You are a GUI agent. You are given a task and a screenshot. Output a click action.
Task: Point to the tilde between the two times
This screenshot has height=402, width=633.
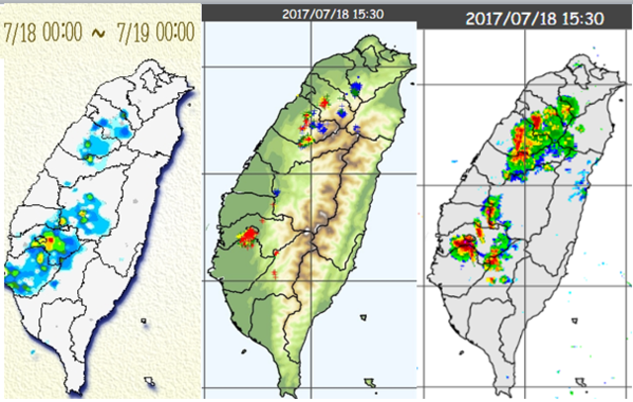[x=97, y=32]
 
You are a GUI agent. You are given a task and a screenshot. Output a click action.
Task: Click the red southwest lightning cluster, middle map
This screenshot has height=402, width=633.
[x=247, y=236]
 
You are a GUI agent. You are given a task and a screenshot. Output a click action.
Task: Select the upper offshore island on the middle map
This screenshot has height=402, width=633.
[x=364, y=318]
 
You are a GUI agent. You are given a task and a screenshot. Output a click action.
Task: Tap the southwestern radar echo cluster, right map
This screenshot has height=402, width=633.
[x=478, y=246]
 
